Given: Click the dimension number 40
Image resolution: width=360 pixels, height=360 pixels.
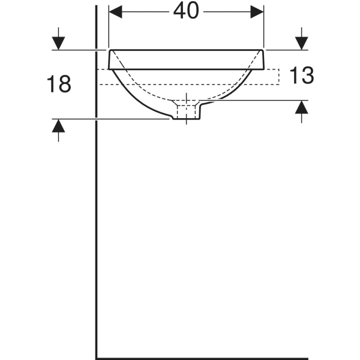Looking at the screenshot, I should (187, 12).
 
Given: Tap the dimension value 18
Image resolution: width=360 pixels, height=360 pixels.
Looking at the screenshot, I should (59, 85).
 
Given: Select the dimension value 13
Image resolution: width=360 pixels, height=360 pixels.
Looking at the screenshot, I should (302, 76).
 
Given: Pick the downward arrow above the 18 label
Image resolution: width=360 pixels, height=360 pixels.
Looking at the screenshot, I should (58, 43).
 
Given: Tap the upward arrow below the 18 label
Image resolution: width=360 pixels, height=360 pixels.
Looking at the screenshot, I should (58, 127).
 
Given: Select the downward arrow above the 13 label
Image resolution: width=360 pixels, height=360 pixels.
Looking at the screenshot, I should (301, 43).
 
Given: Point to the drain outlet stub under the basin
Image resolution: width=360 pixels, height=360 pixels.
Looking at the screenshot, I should (187, 112).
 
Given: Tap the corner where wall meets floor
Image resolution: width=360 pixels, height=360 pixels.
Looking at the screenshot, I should (97, 358).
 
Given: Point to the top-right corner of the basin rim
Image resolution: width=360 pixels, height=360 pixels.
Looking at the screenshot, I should (264, 50).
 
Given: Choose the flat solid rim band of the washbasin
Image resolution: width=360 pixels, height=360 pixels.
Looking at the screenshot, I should (187, 59).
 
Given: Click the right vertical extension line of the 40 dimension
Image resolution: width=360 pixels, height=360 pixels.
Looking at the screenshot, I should (264, 27).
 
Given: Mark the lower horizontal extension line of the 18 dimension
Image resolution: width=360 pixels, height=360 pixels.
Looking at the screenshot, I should (114, 119).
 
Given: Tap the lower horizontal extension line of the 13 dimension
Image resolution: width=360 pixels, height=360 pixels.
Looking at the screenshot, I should (258, 100).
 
